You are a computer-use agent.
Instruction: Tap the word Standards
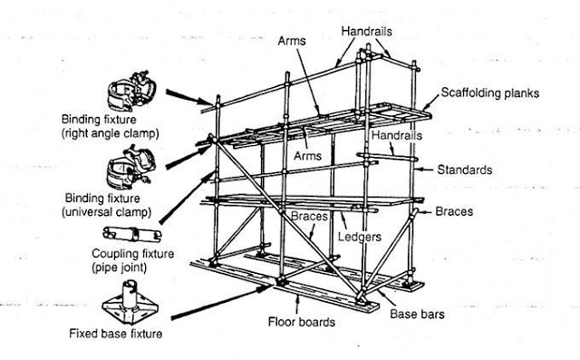[466, 170]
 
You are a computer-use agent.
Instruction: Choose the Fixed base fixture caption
[116, 333]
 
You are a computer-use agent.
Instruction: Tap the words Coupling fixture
[133, 255]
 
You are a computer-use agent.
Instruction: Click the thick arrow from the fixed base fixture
[218, 304]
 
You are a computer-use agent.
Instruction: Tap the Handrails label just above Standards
[393, 135]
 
